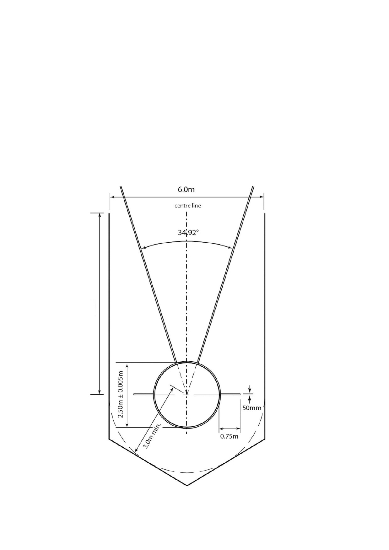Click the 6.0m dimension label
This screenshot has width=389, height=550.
186,189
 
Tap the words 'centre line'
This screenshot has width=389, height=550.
188,206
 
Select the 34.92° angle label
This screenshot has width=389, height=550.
188,233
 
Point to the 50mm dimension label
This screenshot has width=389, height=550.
251,408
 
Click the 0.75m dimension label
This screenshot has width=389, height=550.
229,436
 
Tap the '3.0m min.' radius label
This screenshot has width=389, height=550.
153,436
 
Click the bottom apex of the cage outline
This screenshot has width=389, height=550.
187,485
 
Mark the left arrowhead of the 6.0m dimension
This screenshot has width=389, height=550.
111,197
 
